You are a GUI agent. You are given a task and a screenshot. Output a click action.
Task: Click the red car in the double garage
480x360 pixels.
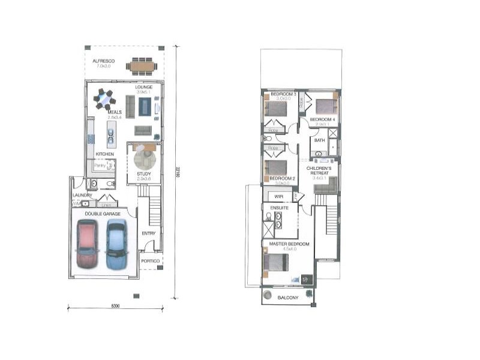[87, 244]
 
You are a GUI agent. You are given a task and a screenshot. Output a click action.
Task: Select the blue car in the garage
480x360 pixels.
[116, 244]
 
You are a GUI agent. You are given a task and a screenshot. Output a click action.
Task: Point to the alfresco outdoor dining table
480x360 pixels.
[142, 65]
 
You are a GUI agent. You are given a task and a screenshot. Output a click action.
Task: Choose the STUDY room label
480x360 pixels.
[144, 175]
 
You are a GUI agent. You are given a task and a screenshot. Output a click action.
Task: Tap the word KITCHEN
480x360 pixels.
[105, 154]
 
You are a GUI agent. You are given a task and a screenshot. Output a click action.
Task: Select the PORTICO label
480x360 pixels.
[151, 261]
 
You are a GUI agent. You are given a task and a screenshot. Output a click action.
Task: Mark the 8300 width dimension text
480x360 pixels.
[116, 306]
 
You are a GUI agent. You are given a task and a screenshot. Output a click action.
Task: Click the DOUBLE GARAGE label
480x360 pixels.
[102, 214]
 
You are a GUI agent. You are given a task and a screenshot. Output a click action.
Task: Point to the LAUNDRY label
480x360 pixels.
[82, 195]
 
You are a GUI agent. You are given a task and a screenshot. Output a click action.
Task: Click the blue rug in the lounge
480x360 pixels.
[145, 107]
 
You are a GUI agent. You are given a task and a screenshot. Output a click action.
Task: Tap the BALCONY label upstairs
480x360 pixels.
[287, 297]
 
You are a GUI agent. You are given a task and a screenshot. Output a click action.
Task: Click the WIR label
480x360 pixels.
[278, 196]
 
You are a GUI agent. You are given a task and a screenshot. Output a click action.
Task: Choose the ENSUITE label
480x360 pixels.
[280, 208]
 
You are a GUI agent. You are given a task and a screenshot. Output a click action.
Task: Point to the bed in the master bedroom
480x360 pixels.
[276, 263]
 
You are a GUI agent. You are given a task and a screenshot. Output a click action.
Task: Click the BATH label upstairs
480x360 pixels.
[319, 140]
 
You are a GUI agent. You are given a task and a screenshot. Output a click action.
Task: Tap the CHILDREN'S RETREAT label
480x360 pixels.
[319, 172]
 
